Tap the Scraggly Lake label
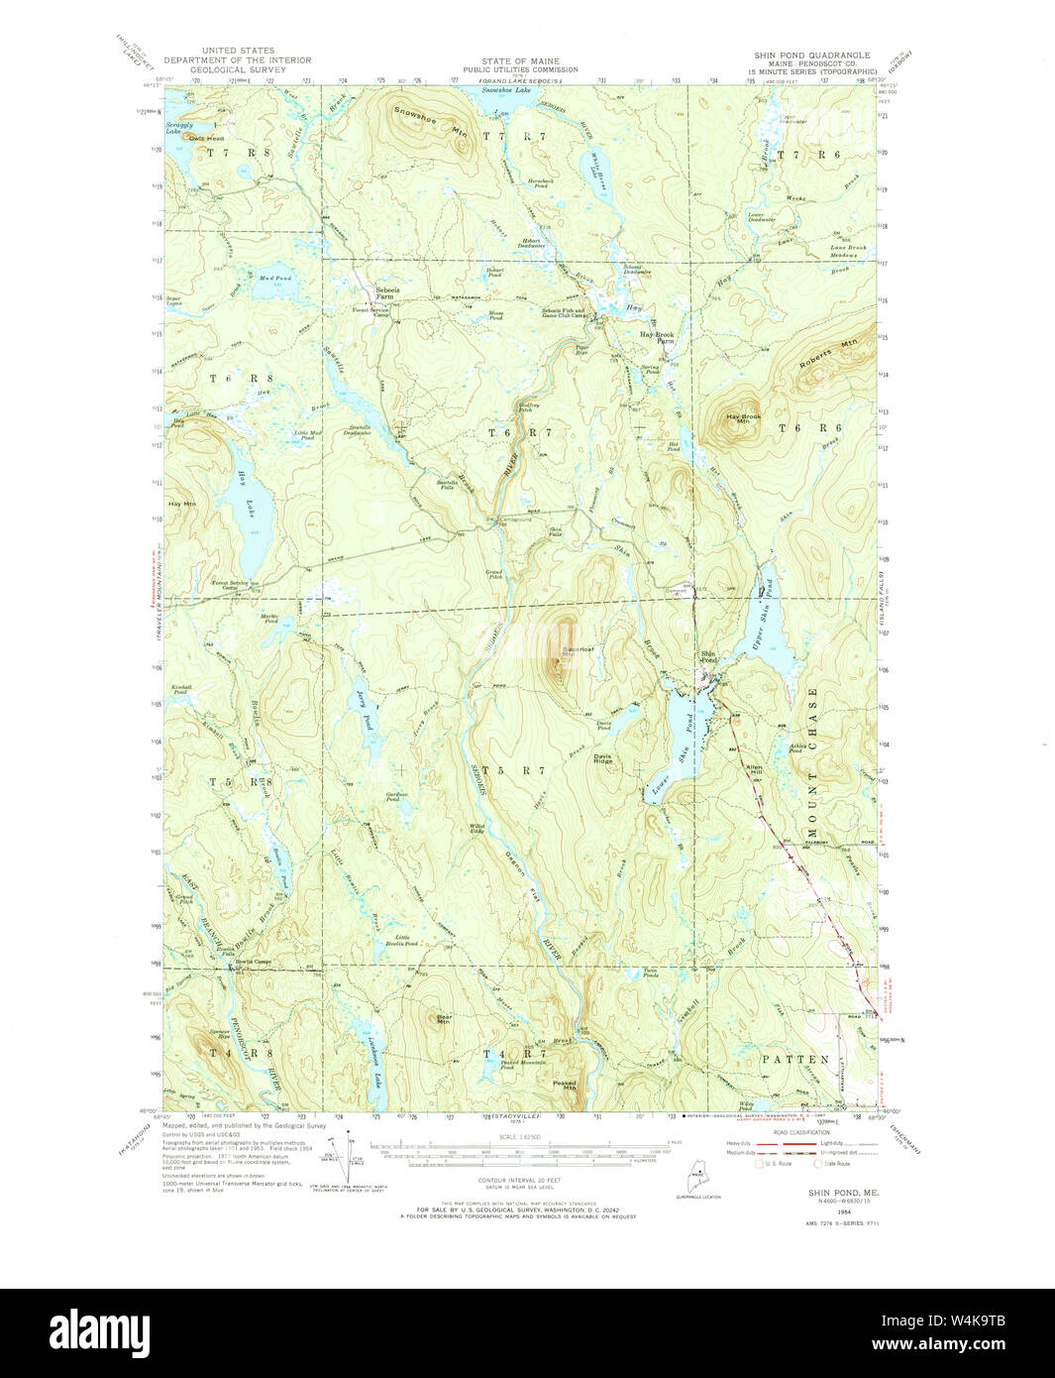179,129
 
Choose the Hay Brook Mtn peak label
743,419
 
